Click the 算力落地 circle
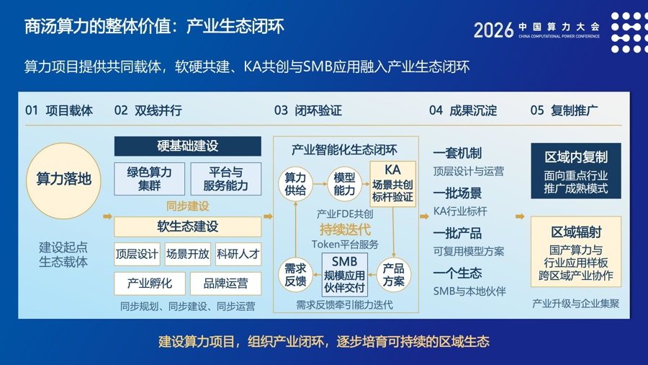click(x=63, y=180)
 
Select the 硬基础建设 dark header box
click(x=188, y=146)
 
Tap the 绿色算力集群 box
click(x=149, y=179)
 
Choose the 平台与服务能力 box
click(x=225, y=179)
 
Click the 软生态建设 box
click(x=188, y=227)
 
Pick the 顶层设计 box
click(x=138, y=254)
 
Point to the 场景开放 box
click(x=188, y=254)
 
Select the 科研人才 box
click(x=238, y=254)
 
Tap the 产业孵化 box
click(x=150, y=283)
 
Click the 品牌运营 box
click(x=225, y=283)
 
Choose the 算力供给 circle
click(x=295, y=184)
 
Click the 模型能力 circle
click(x=344, y=184)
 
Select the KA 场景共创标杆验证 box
click(x=392, y=184)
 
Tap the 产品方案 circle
click(x=393, y=275)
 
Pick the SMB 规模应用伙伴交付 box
click(x=345, y=275)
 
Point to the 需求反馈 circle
click(x=295, y=275)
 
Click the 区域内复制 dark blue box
click(x=576, y=171)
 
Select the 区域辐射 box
click(x=576, y=252)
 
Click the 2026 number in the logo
click(x=493, y=30)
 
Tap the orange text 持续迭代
click(x=345, y=229)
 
